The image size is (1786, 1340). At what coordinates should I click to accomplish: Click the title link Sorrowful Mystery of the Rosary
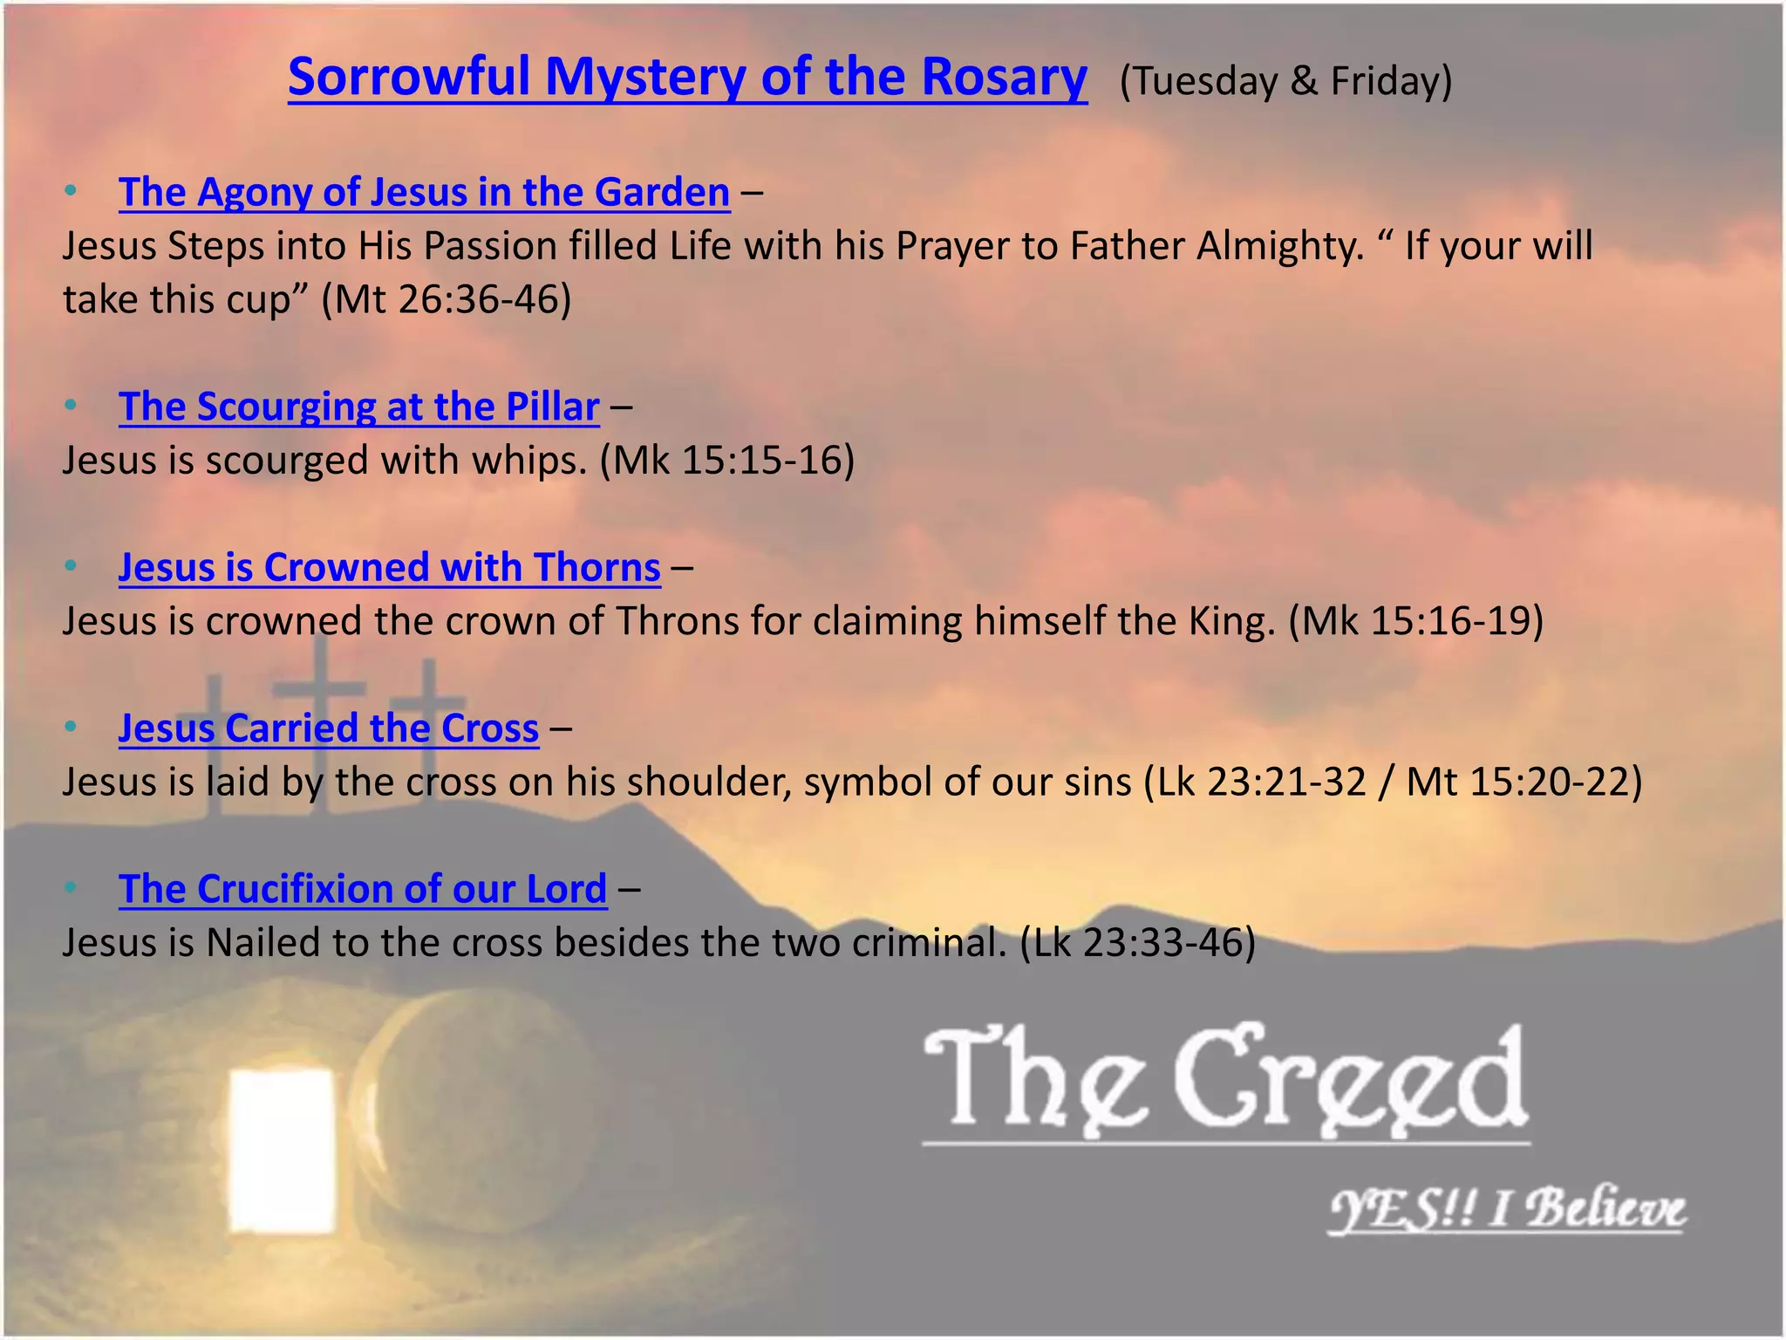687,77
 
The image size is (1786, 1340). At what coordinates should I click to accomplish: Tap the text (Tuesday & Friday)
1285,81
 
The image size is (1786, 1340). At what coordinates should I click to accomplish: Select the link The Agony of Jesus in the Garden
424,192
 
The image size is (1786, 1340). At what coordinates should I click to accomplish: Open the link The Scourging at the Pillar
358,407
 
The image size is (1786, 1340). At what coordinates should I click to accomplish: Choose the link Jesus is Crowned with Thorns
389,567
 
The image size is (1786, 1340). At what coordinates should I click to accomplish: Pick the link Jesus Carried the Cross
328,728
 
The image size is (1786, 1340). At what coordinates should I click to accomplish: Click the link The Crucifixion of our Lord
363,889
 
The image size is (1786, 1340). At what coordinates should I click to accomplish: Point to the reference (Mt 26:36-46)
446,299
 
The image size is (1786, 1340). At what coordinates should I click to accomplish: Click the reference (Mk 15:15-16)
726,461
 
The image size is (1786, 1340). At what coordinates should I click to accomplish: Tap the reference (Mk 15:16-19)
1415,621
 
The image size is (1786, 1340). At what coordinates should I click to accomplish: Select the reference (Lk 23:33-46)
1137,943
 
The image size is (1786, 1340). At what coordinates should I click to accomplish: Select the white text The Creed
1224,1082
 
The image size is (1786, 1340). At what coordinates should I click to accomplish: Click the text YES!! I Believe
1506,1209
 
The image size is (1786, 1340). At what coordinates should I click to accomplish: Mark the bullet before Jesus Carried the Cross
71,727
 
